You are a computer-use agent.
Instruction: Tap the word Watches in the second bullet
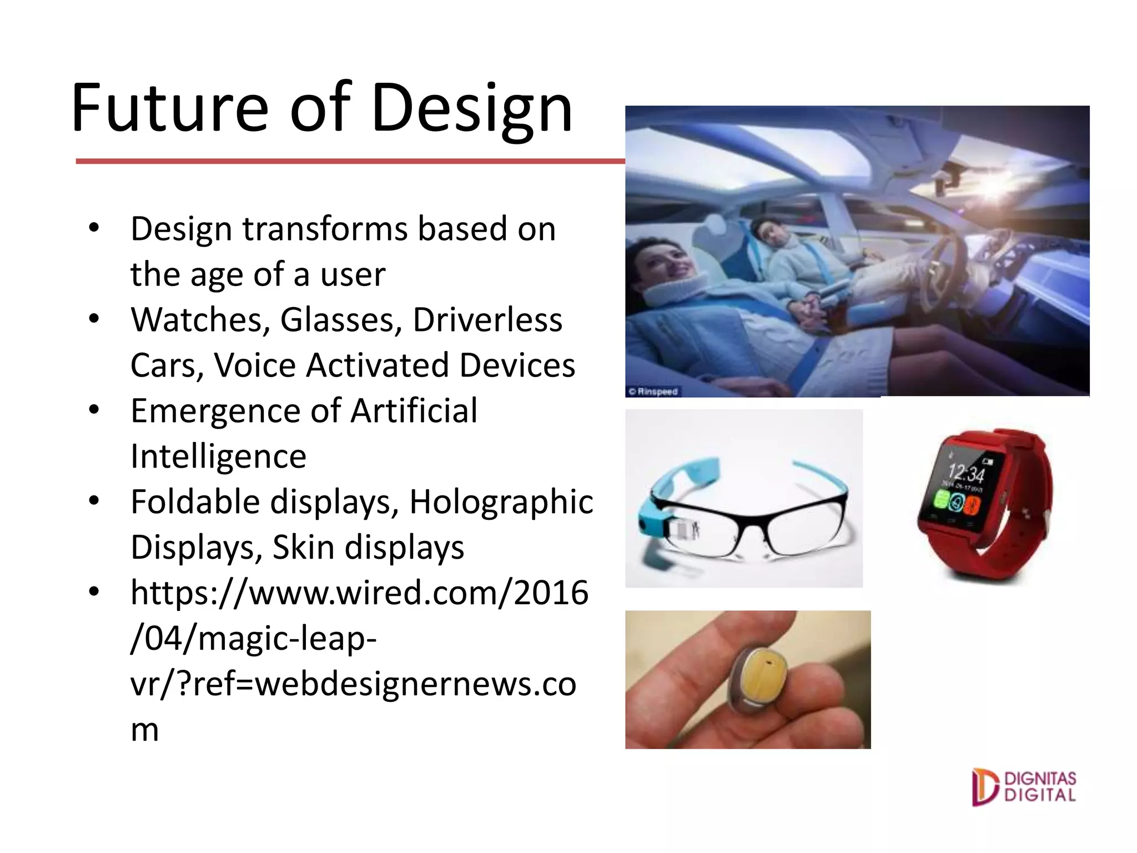pos(200,320)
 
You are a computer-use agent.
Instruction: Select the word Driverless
pos(487,320)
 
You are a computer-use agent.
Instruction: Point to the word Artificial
pos(414,412)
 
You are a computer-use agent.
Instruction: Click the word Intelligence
pos(218,457)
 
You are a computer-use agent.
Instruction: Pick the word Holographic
pos(501,503)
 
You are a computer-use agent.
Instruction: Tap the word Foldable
pos(195,503)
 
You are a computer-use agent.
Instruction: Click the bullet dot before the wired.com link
pos(94,592)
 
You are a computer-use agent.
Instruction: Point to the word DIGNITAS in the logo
pos(1040,779)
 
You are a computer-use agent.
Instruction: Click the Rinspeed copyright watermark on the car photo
pos(653,392)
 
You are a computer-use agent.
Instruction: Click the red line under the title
pos(350,161)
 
